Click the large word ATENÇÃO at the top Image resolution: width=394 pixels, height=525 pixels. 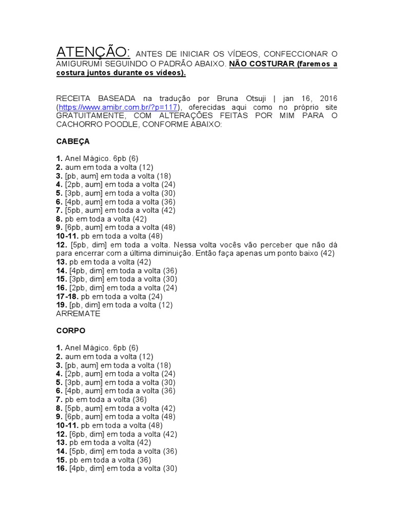[93, 52]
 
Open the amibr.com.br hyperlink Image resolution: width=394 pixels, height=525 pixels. [118, 107]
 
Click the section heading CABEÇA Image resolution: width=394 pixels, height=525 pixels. [73, 141]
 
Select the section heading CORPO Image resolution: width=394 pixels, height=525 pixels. [71, 331]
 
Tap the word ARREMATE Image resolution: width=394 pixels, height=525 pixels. [78, 313]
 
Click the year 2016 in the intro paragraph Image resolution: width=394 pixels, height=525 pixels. [327, 98]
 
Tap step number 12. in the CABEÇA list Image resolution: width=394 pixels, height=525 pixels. [62, 245]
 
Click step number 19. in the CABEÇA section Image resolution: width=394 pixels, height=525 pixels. [62, 305]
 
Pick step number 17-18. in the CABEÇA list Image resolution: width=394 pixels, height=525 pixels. [67, 296]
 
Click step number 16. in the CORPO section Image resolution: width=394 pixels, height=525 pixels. [62, 468]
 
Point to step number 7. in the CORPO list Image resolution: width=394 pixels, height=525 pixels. [59, 399]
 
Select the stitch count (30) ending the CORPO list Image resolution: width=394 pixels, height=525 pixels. [170, 468]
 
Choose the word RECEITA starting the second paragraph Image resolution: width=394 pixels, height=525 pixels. [74, 98]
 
